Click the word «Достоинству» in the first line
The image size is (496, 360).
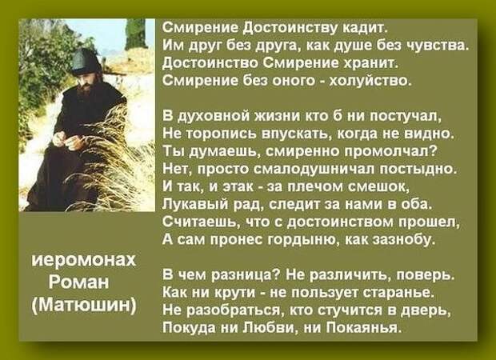[x=290, y=28]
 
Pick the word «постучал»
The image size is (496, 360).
[x=406, y=117]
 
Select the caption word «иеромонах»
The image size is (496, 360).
[x=84, y=260]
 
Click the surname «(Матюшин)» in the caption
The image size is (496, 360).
[x=84, y=305]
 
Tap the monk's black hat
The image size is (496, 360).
[x=86, y=62]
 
